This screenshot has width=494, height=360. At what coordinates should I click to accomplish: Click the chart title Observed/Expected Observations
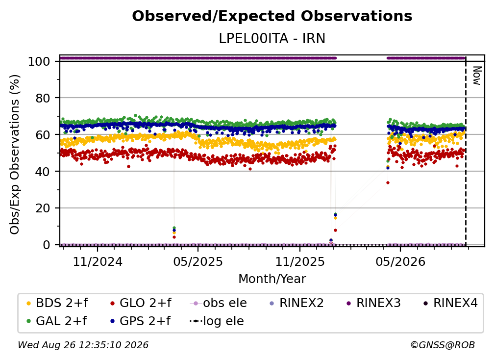click(272, 16)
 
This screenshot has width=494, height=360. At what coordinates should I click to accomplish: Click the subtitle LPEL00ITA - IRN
click(272, 38)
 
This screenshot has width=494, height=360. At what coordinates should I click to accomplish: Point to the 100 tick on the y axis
click(39, 61)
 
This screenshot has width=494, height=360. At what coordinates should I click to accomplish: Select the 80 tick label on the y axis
click(43, 98)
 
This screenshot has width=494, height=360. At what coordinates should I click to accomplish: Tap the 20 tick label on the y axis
click(43, 208)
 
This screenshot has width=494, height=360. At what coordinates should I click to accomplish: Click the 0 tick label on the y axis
click(47, 245)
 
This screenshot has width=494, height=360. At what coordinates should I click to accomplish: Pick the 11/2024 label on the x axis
click(98, 261)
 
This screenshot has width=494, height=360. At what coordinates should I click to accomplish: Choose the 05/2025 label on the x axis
click(198, 261)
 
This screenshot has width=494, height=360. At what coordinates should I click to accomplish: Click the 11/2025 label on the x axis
click(300, 261)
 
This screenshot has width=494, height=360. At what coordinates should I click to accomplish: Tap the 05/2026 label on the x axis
click(400, 261)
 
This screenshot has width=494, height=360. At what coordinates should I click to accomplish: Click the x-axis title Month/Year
click(272, 279)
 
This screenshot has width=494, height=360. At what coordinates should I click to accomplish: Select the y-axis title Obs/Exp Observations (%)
click(15, 154)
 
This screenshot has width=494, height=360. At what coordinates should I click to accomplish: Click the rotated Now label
click(477, 76)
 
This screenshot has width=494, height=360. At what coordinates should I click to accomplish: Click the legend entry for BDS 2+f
click(57, 303)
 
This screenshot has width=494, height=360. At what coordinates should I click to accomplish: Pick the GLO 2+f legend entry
click(141, 303)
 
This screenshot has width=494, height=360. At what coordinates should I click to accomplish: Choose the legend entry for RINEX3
click(373, 303)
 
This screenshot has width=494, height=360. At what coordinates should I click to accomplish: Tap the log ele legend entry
click(217, 321)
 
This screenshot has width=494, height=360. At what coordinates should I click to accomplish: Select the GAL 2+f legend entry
click(56, 321)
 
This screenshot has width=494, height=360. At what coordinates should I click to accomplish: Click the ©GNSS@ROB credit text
click(443, 345)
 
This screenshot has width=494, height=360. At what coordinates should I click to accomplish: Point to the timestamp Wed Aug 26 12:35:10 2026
click(83, 345)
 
